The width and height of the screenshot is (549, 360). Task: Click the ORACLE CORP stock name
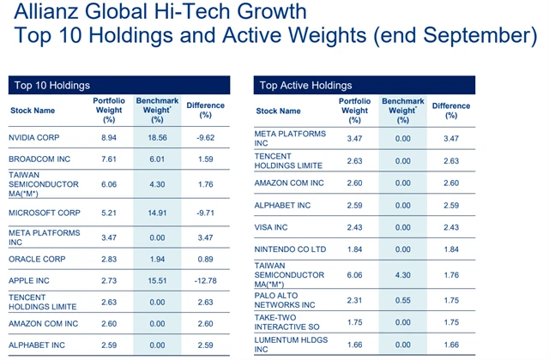(x=39, y=258)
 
